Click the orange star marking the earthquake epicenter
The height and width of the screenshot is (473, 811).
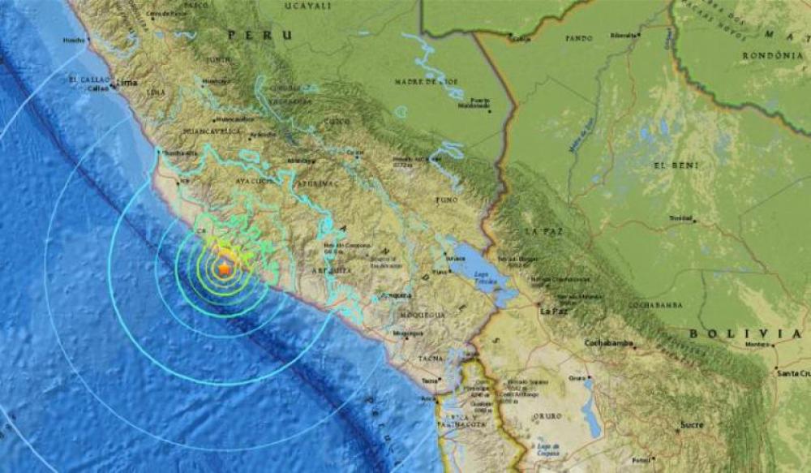[x=224, y=268]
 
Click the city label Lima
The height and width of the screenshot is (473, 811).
[x=127, y=83]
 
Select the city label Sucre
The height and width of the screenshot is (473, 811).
[x=692, y=424]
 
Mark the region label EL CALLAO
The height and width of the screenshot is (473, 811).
[x=86, y=79]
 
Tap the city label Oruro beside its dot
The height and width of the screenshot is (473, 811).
[x=577, y=376]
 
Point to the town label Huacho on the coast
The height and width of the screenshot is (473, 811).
[x=75, y=39]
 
